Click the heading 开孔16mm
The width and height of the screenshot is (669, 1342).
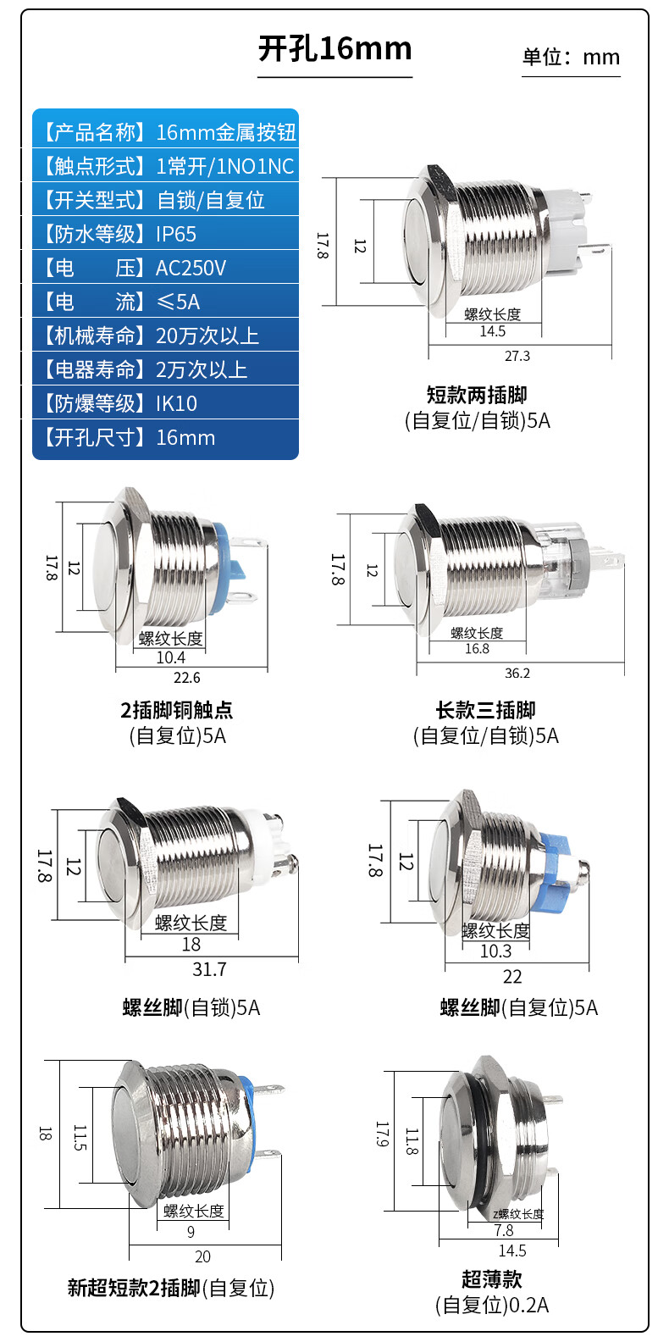[x=334, y=48]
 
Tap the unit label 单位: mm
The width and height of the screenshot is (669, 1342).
[x=571, y=57]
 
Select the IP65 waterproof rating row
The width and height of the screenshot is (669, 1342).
[x=165, y=234]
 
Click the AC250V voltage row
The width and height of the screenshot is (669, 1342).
[x=165, y=267]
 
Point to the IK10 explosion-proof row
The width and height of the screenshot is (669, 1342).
[x=165, y=403]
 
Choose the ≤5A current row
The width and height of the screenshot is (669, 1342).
[x=165, y=302]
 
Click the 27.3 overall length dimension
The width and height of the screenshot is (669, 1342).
[x=517, y=356]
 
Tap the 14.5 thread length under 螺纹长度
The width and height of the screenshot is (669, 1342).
[x=492, y=331]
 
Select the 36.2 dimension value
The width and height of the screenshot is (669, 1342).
[x=517, y=673]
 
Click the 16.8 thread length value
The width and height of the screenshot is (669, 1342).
[x=477, y=648]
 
